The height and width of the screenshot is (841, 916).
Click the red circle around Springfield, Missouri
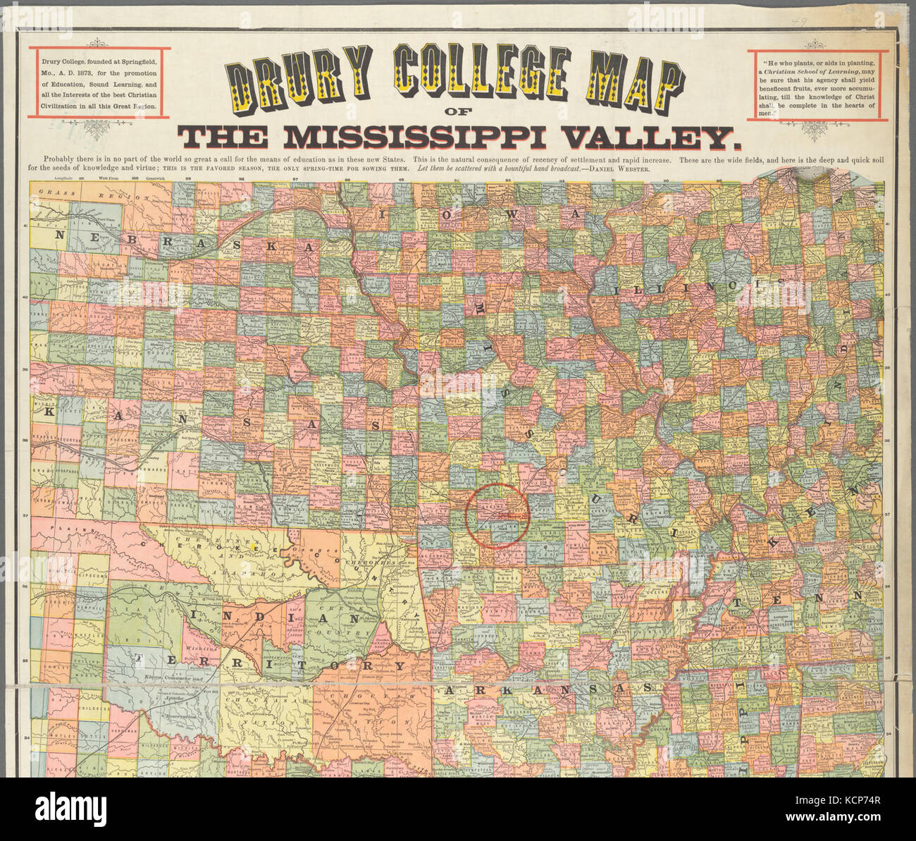[x=497, y=516]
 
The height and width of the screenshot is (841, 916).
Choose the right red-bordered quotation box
[x=815, y=85]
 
